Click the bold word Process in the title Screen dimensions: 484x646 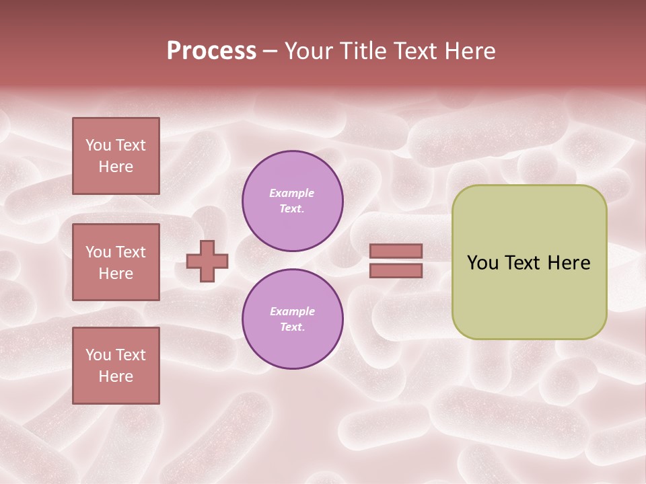coord(211,51)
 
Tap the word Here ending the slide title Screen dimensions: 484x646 coord(470,51)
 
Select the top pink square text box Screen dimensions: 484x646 coord(116,156)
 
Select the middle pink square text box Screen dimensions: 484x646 coord(116,262)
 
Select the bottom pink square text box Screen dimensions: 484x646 coord(116,366)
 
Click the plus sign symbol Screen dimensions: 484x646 coord(207,261)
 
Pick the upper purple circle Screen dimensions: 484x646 coord(293,201)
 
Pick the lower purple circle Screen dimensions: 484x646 coord(293,319)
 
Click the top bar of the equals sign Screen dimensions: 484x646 coord(396,251)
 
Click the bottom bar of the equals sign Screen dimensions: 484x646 coord(396,270)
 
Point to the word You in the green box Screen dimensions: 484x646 coord(482,263)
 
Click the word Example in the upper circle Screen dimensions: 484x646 coord(292,193)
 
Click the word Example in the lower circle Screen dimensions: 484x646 coord(292,311)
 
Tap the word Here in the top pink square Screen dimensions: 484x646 coord(116,167)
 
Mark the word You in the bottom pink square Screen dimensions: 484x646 coord(98,355)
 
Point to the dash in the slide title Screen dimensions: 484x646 coord(270,52)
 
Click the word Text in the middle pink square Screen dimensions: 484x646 coord(130,252)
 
